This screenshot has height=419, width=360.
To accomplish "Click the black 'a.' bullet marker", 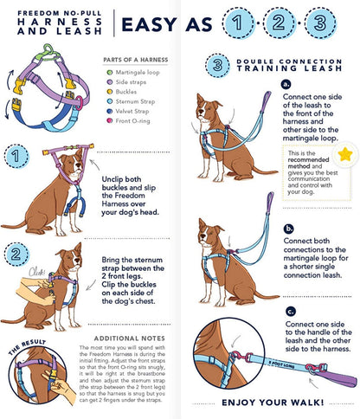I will pos(286,83).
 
